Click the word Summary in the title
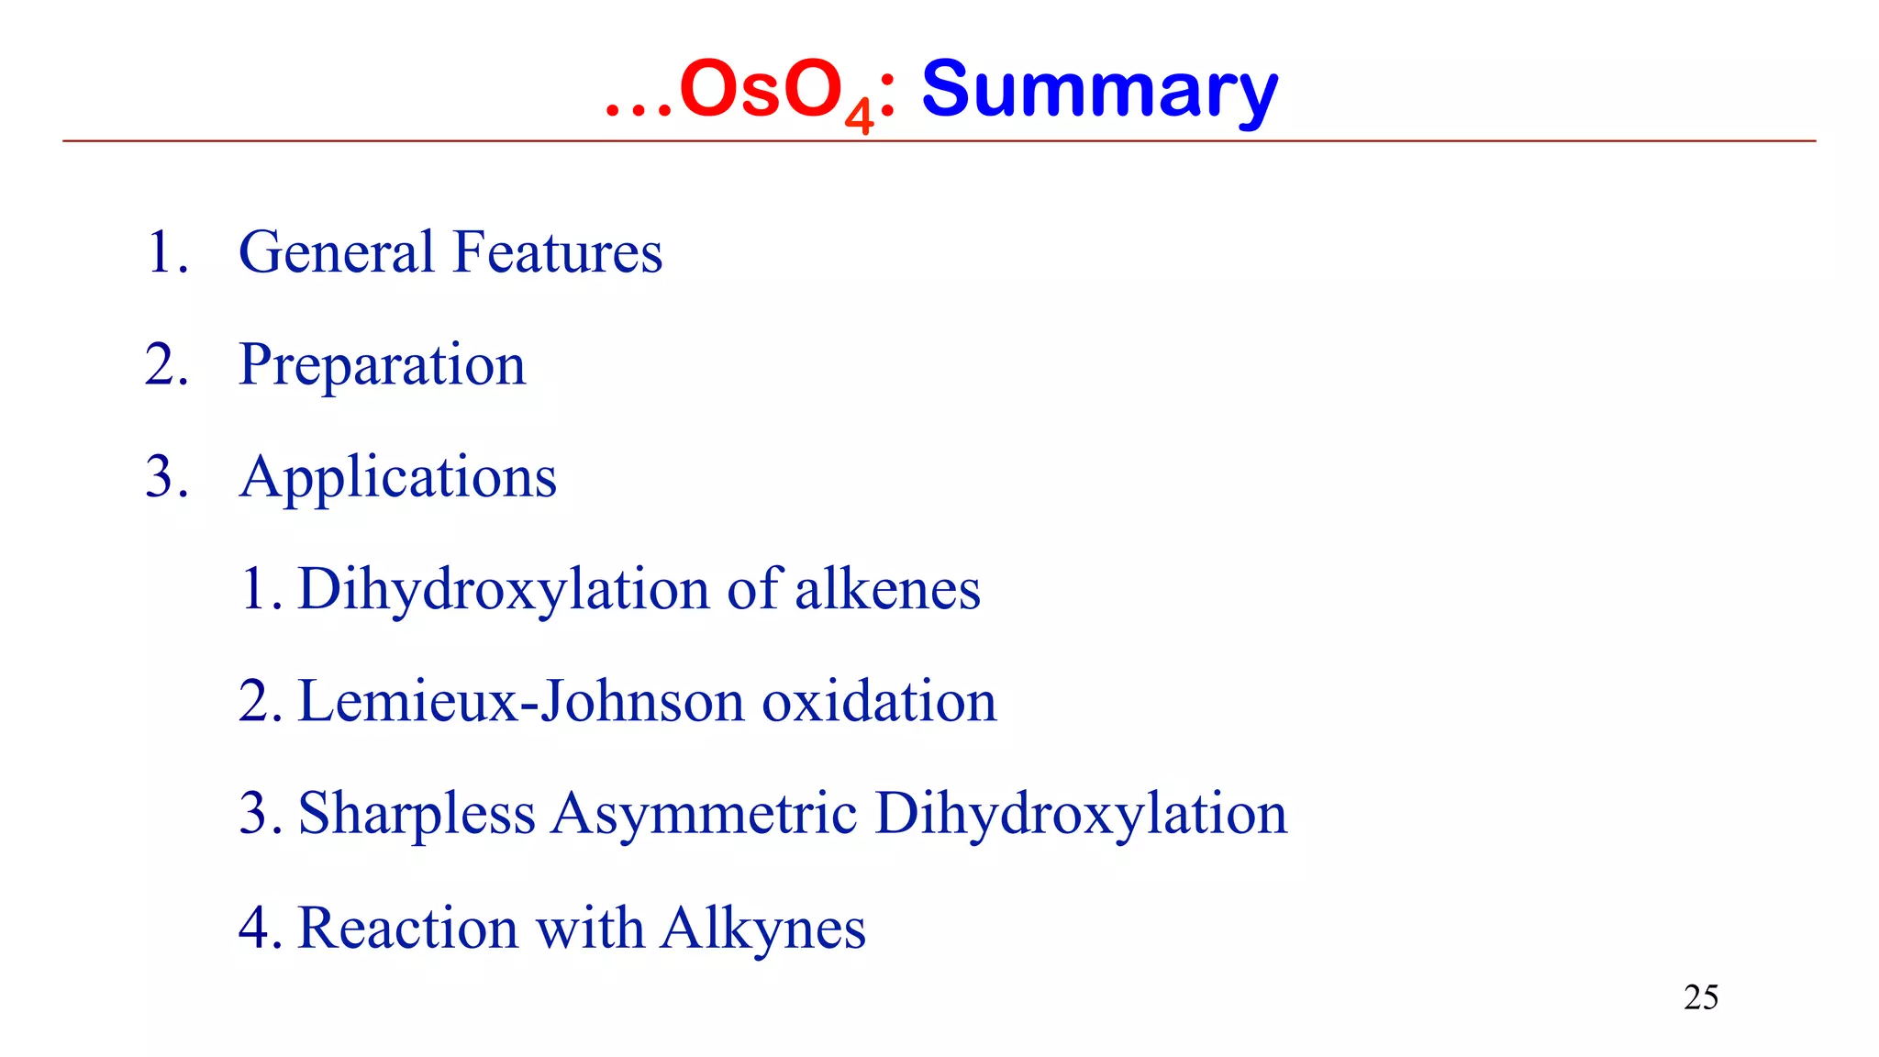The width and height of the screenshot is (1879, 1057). (x=1099, y=90)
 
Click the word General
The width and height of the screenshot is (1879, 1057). (x=337, y=251)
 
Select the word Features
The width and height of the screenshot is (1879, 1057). (x=558, y=251)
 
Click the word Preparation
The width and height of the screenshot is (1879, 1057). (x=382, y=365)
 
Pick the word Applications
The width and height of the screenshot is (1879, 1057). (x=397, y=477)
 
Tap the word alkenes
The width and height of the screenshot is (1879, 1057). (x=887, y=589)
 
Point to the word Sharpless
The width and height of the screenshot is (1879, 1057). (x=417, y=814)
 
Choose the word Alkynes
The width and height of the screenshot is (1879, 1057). (x=762, y=928)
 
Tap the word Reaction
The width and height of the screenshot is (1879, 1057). (x=408, y=928)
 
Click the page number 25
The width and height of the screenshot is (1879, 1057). (x=1700, y=997)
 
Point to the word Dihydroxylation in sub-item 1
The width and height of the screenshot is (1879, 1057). (x=504, y=589)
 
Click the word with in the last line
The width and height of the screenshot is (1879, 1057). (x=589, y=928)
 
